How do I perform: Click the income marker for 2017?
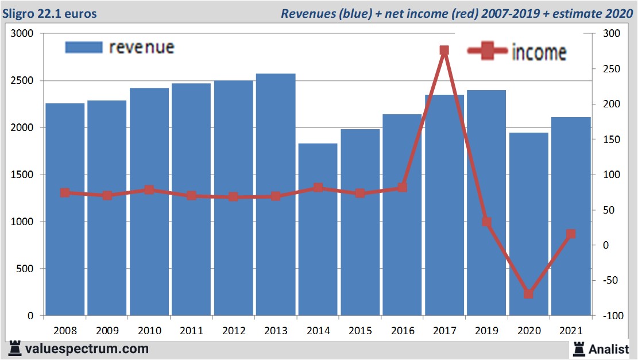point(444,51)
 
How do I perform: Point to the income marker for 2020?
point(528,294)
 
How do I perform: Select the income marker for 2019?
point(486,222)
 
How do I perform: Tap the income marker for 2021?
point(571,234)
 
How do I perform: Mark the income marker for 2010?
point(149,189)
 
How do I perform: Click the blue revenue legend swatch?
point(84,47)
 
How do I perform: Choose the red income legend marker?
point(488,51)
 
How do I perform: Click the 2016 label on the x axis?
point(402,331)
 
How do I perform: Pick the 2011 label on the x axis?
point(191,331)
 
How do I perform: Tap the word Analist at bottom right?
point(608,349)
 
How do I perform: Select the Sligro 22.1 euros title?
point(51,13)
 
